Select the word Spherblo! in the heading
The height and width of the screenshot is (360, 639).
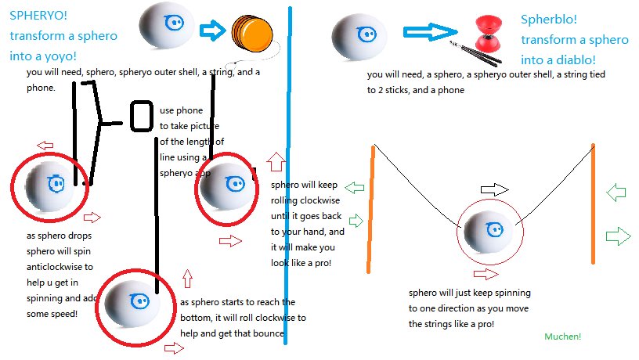pos(547,19)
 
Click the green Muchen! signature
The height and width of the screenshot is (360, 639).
pos(563,337)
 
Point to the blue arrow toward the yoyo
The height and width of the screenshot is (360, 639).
pos(212,31)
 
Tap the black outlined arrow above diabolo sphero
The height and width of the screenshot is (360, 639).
pos(495,189)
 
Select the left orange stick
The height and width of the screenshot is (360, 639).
pos(370,207)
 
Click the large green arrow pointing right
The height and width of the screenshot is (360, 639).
pos(619,234)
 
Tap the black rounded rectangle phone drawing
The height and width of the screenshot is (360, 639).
pos(142,116)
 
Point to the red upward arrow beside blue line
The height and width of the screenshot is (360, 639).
pos(275,162)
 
